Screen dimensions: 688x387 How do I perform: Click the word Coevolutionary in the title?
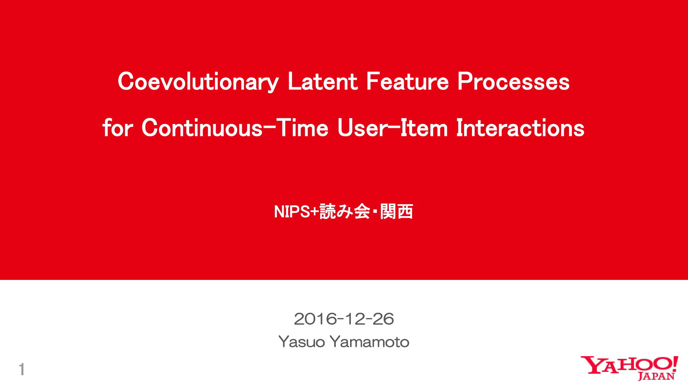pyautogui.click(x=198, y=82)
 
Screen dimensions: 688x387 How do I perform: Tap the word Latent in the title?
pyautogui.click(x=322, y=81)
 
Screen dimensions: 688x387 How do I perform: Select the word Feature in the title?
pyautogui.click(x=407, y=81)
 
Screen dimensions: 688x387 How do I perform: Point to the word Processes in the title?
pyautogui.click(x=513, y=81)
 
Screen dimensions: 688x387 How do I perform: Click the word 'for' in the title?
pyautogui.click(x=118, y=128)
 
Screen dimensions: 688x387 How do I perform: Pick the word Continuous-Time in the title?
pyautogui.click(x=235, y=128)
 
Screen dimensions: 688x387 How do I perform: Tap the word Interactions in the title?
pyautogui.click(x=521, y=128)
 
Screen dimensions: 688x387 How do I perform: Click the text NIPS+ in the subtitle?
pyautogui.click(x=296, y=212)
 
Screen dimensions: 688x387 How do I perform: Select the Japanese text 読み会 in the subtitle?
pyautogui.click(x=345, y=211)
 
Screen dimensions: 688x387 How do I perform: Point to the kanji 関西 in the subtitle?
pyautogui.click(x=397, y=211)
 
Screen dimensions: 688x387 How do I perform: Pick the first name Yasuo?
pyautogui.click(x=302, y=342)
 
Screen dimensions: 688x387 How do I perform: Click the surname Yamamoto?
pyautogui.click(x=369, y=342)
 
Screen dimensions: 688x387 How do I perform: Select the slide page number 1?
pyautogui.click(x=22, y=369)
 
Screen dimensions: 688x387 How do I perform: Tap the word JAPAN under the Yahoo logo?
pyautogui.click(x=656, y=376)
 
